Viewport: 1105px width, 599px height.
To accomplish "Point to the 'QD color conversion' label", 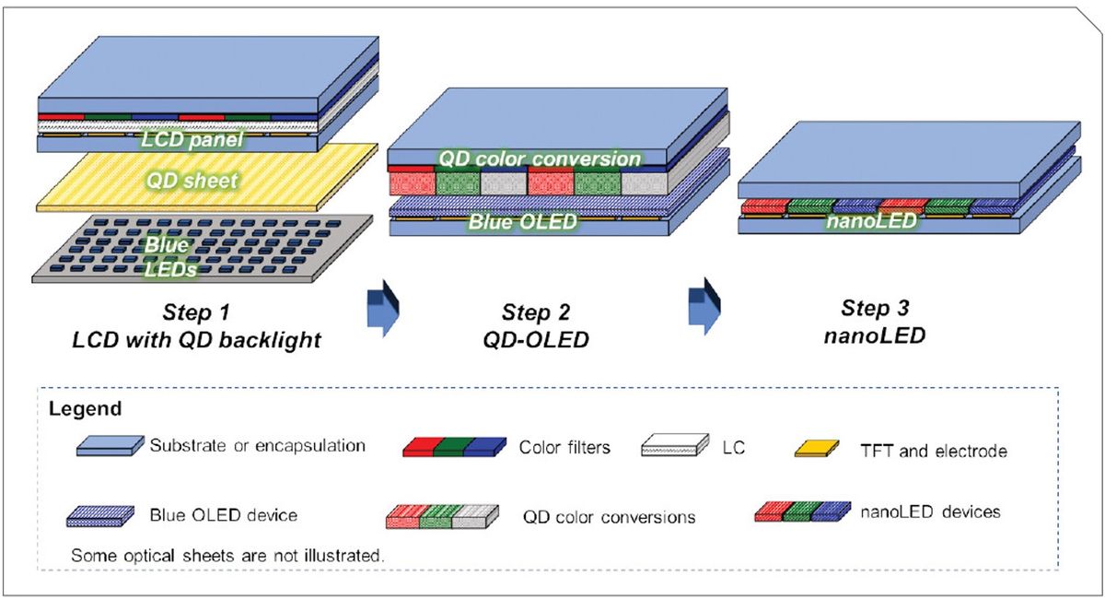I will [539, 159].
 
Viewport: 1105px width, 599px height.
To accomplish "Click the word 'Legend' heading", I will [78, 407].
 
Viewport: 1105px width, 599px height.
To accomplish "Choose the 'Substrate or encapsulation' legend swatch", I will [109, 446].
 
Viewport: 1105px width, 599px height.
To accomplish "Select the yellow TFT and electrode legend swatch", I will [816, 450].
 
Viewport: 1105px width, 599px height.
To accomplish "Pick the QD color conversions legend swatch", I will [441, 516].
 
